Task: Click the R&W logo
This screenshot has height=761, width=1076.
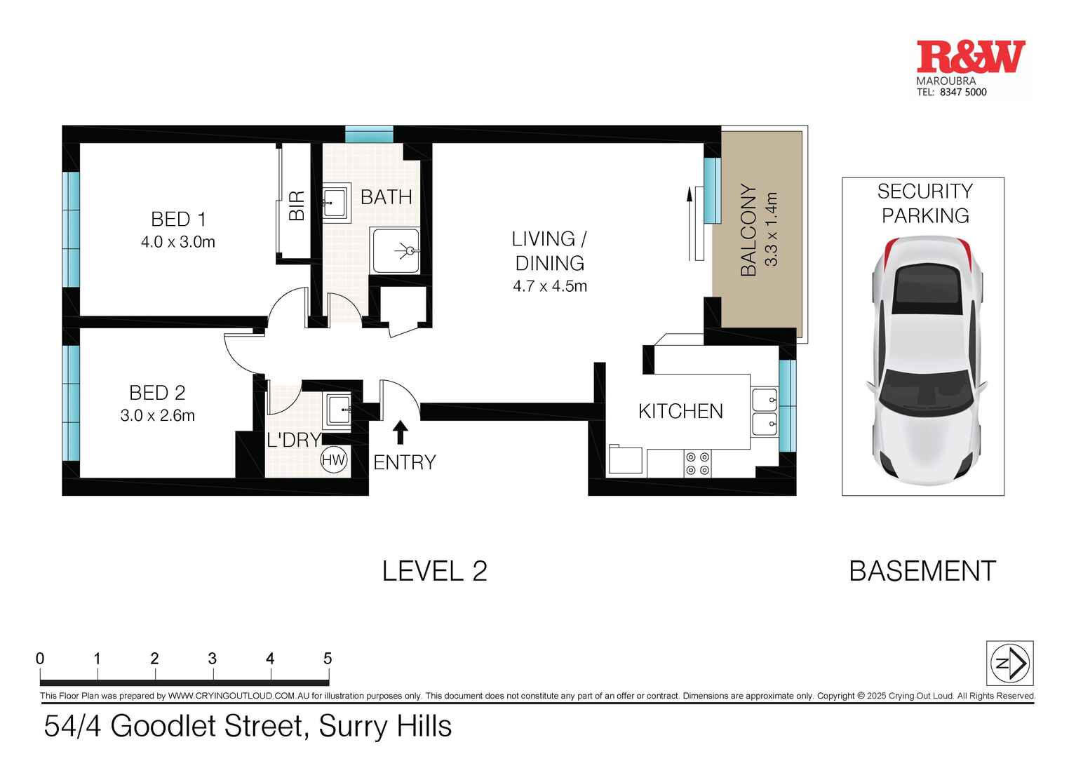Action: [x=970, y=58]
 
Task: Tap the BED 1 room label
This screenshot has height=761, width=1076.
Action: [x=178, y=220]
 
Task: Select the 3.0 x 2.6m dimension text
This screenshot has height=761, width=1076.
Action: [x=157, y=415]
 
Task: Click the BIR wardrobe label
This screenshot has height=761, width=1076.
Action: [x=297, y=206]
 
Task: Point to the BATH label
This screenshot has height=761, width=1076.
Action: [x=386, y=197]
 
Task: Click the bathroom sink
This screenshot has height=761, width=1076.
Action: [x=335, y=203]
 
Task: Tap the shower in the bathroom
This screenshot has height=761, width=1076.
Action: [x=396, y=250]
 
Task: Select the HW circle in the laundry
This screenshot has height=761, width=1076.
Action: [x=335, y=460]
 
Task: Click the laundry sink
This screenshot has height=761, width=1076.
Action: [x=338, y=410]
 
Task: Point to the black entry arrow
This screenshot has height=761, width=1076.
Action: [x=401, y=432]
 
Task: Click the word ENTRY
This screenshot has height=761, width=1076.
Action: [x=405, y=462]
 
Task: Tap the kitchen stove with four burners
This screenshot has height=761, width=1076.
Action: [x=697, y=464]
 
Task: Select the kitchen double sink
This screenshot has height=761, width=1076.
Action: [x=764, y=412]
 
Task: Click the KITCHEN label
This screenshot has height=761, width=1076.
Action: [x=680, y=411]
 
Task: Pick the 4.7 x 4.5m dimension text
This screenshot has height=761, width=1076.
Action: [x=550, y=286]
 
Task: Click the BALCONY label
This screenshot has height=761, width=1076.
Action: [x=749, y=230]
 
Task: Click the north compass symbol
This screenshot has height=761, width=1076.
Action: [x=1009, y=663]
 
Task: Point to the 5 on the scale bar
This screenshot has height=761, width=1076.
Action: [x=327, y=659]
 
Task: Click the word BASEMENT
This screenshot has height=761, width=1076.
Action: [x=922, y=572]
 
